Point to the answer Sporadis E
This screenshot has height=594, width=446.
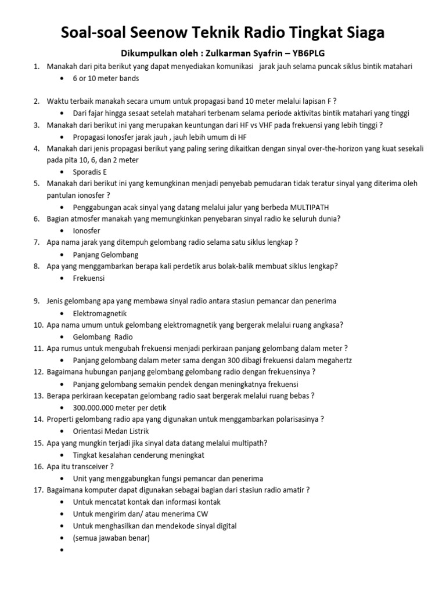(90, 172)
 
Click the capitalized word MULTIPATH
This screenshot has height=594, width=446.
(313, 207)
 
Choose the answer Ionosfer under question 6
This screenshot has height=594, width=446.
(87, 230)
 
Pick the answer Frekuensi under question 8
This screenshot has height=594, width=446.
(89, 278)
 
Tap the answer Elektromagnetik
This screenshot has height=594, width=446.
(100, 313)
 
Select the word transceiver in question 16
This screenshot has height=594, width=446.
(87, 466)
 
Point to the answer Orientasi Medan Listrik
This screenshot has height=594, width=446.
(111, 431)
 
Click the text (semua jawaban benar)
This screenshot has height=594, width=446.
(111, 538)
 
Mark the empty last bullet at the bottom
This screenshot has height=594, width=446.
(63, 550)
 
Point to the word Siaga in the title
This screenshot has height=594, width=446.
(362, 32)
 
